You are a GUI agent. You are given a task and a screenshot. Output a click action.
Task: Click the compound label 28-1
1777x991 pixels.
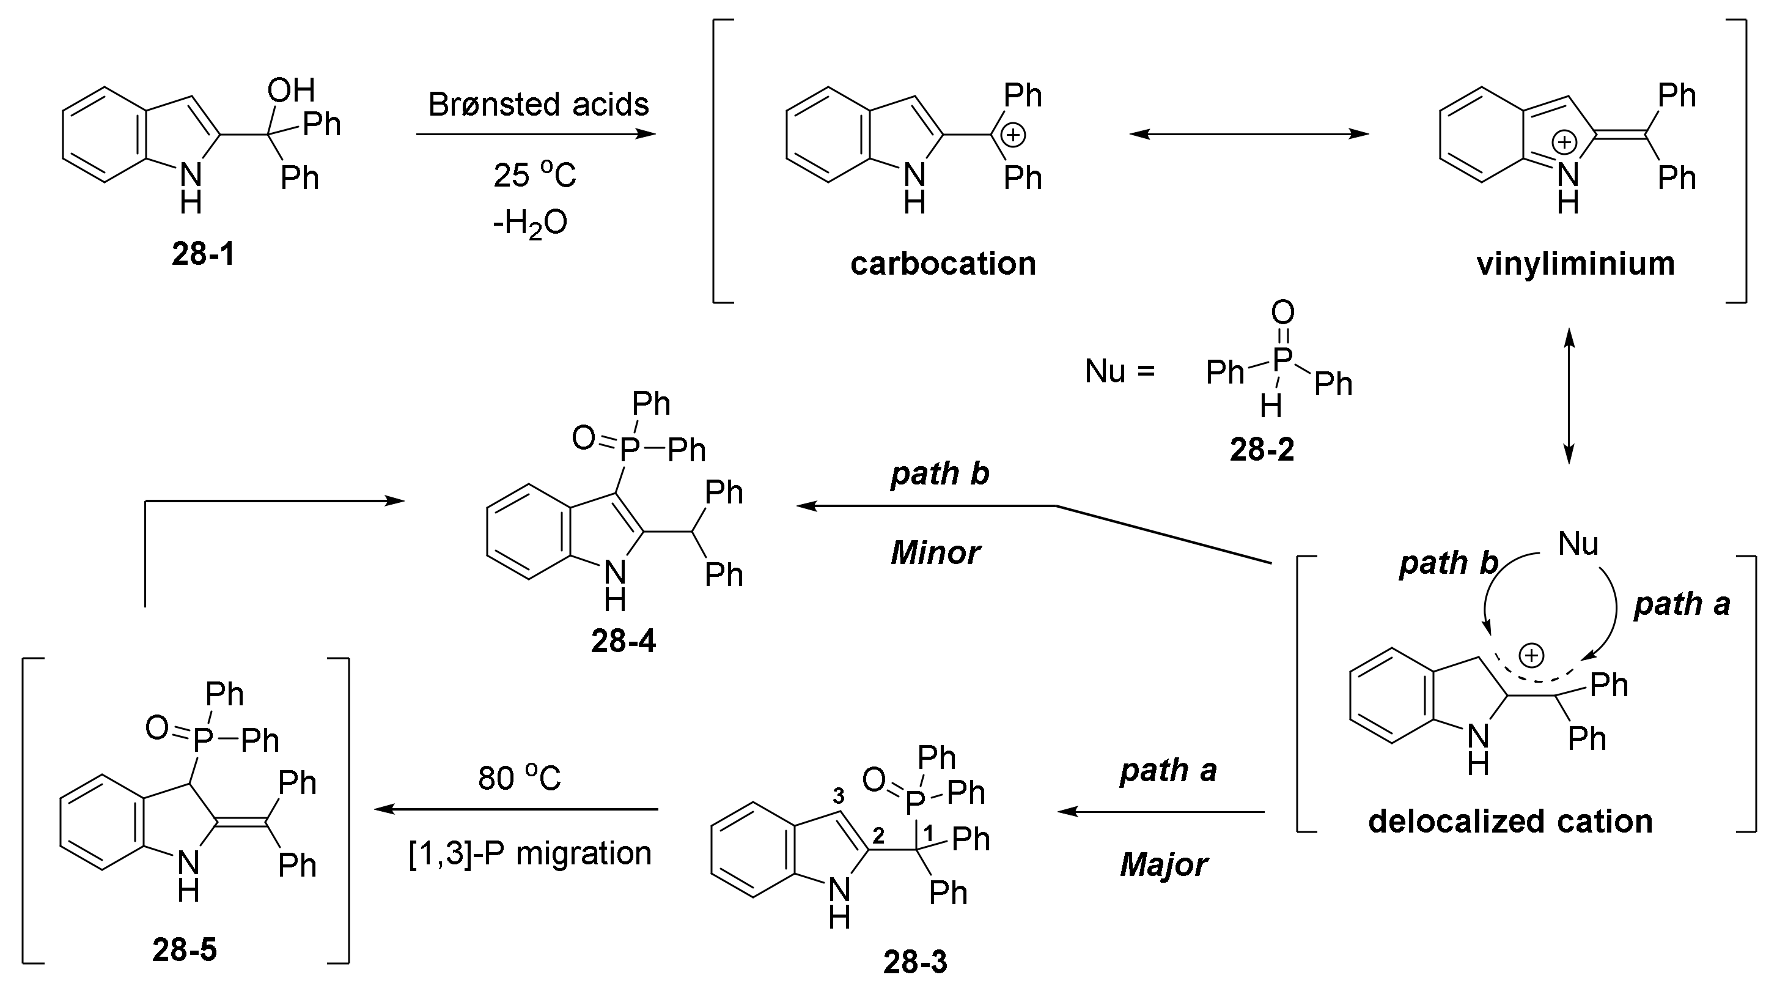click(x=203, y=254)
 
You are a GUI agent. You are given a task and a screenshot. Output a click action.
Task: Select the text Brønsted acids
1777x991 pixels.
click(x=538, y=105)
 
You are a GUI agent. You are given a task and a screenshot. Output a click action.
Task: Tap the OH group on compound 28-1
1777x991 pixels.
click(x=291, y=91)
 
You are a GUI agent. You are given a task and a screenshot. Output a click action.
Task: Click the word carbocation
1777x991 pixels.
click(x=943, y=264)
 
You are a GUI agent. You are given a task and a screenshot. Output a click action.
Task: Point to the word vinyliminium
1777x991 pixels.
click(x=1575, y=264)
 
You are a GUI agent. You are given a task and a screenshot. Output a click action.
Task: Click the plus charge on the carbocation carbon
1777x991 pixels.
click(x=1013, y=135)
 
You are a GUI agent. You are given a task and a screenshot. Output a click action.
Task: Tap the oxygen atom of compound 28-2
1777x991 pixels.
click(x=1282, y=313)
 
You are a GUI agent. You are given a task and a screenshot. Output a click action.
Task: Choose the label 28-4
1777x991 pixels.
click(x=623, y=642)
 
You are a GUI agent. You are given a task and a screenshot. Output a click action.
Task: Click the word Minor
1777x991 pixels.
click(x=935, y=553)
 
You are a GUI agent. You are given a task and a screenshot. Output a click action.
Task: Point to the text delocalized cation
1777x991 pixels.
click(x=1510, y=821)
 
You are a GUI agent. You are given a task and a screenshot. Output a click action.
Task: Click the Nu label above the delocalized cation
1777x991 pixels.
click(x=1578, y=544)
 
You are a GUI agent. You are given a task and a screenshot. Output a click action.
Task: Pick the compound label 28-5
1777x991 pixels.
click(x=184, y=950)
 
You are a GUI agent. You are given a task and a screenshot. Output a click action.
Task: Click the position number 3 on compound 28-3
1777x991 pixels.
click(x=838, y=796)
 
